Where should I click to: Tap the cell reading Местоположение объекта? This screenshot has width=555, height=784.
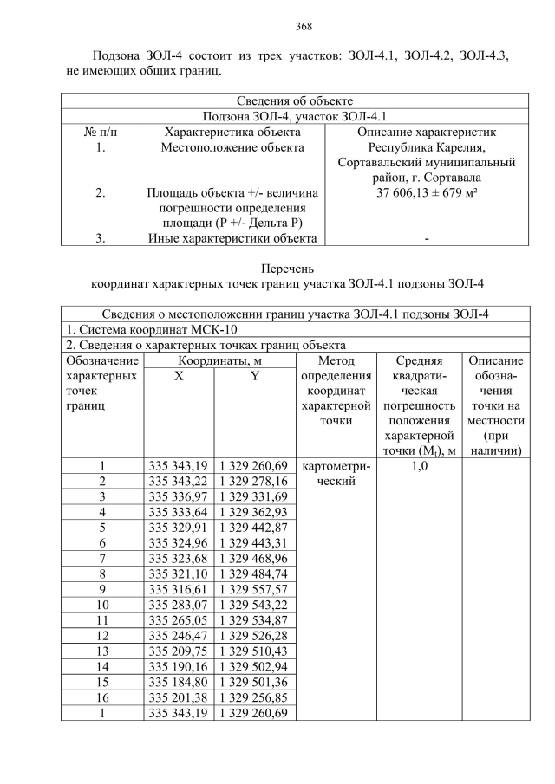tap(232, 147)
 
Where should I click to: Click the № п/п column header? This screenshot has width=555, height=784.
tap(101, 132)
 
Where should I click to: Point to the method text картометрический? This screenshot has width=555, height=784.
tap(334, 473)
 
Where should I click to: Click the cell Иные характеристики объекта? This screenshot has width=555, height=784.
tap(232, 238)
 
